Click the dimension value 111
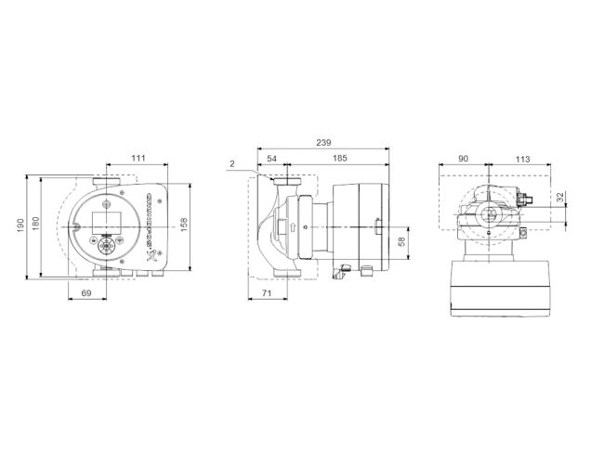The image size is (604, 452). (137, 160)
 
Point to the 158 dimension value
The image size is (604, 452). (195, 226)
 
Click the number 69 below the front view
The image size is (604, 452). (87, 292)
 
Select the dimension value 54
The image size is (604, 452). (271, 160)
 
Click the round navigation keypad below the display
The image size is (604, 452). (104, 247)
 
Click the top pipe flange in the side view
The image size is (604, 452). (287, 182)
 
